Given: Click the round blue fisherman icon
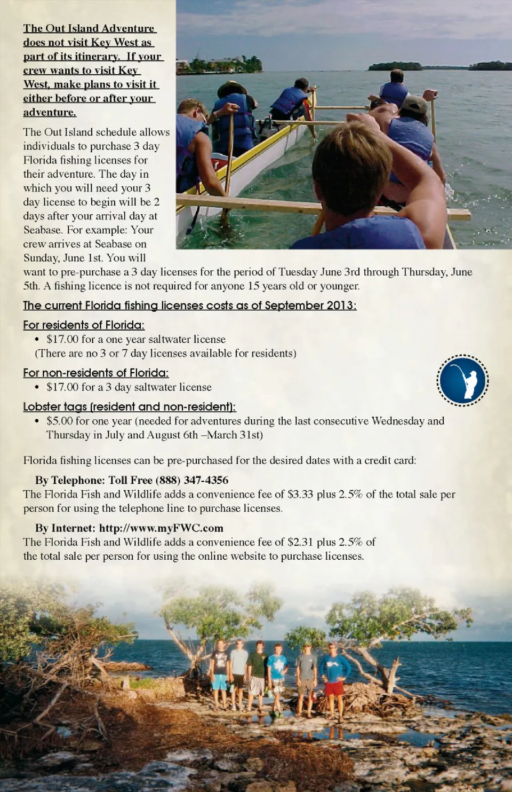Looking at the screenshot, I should point(462,380).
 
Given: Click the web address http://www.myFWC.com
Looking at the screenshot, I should point(161,528).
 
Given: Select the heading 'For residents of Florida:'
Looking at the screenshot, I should point(84,325).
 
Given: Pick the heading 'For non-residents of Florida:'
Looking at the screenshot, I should point(96,373).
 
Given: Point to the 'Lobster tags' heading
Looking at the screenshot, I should point(129,406).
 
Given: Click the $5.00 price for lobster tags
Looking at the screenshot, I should point(59,421).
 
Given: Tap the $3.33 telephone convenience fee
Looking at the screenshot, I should point(300,494).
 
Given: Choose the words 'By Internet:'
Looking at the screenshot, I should point(66,528).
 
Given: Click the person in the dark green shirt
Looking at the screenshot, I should point(258,676).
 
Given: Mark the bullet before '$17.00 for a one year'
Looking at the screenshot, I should point(37,340).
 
